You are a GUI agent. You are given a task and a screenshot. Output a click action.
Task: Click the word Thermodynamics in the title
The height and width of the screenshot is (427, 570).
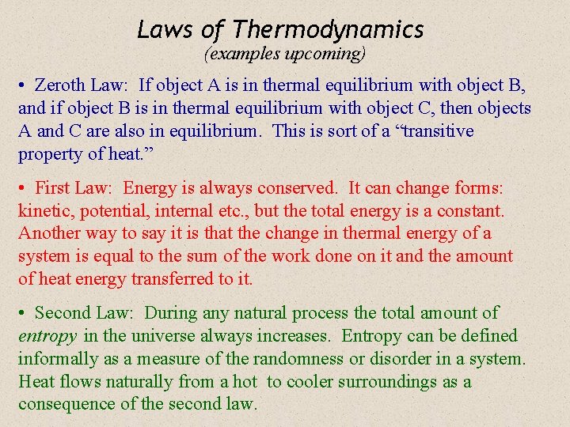328,30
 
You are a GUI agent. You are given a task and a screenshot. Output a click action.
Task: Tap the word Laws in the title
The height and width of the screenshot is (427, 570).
165,30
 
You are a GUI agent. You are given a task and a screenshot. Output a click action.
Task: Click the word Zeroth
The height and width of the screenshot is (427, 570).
60,85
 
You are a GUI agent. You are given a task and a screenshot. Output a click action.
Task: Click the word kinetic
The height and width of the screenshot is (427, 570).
44,212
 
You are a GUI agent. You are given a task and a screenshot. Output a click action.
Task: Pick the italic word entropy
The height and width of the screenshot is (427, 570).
47,336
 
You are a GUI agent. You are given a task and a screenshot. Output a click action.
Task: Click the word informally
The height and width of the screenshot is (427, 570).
57,359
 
